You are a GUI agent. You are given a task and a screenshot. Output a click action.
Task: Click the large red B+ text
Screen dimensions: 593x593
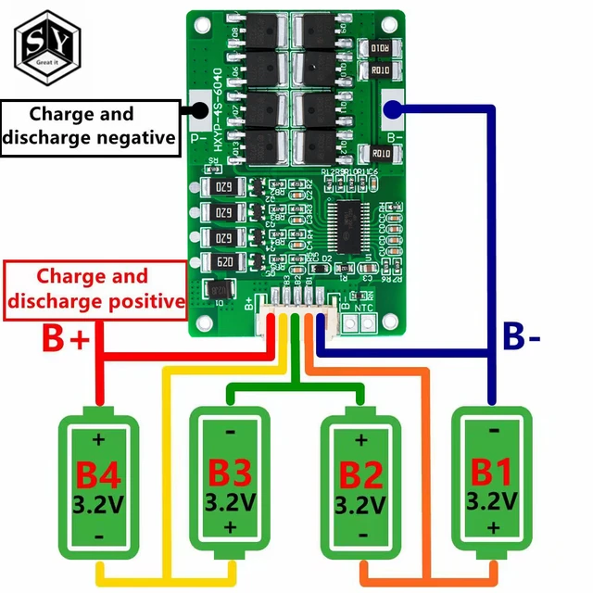[65, 339]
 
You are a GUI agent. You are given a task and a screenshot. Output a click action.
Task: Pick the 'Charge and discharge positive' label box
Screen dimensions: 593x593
[93, 288]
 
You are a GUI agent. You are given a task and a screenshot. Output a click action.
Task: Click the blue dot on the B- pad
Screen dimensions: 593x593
[391, 110]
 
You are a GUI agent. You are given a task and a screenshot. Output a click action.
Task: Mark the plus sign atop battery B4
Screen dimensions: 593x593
[97, 438]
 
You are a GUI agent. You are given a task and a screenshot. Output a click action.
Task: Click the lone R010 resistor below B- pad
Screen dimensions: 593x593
[381, 154]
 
